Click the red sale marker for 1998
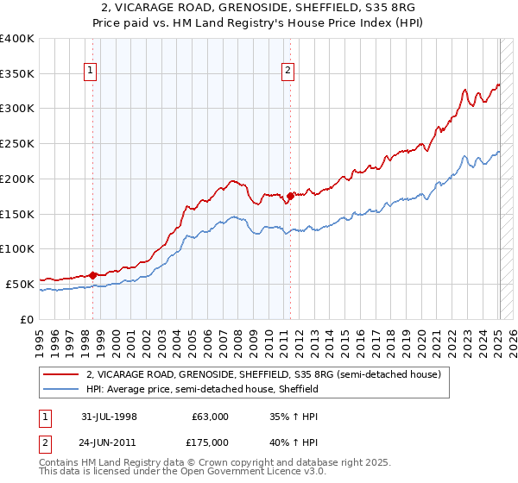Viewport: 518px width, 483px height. [x=92, y=275]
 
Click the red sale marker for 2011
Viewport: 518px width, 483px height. [x=290, y=196]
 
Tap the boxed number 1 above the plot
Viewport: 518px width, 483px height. [x=90, y=72]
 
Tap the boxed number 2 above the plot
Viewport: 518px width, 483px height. [x=287, y=72]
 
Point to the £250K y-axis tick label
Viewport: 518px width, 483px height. [x=16, y=143]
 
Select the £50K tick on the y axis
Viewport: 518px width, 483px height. [x=20, y=284]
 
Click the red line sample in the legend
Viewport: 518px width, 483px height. [x=61, y=374]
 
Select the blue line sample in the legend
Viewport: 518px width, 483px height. [x=61, y=389]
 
